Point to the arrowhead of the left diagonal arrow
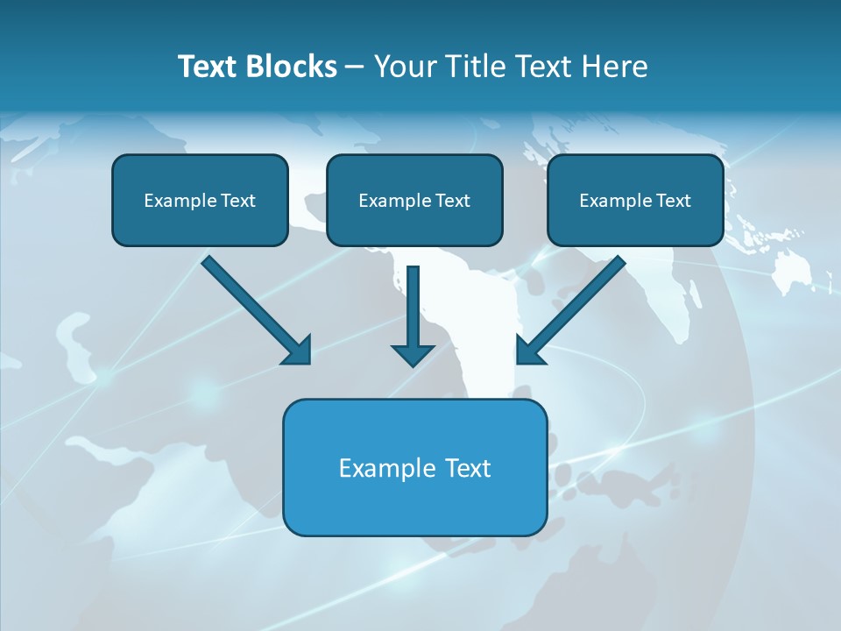(x=298, y=351)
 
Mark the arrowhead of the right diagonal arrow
(x=529, y=351)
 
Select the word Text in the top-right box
(x=674, y=201)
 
